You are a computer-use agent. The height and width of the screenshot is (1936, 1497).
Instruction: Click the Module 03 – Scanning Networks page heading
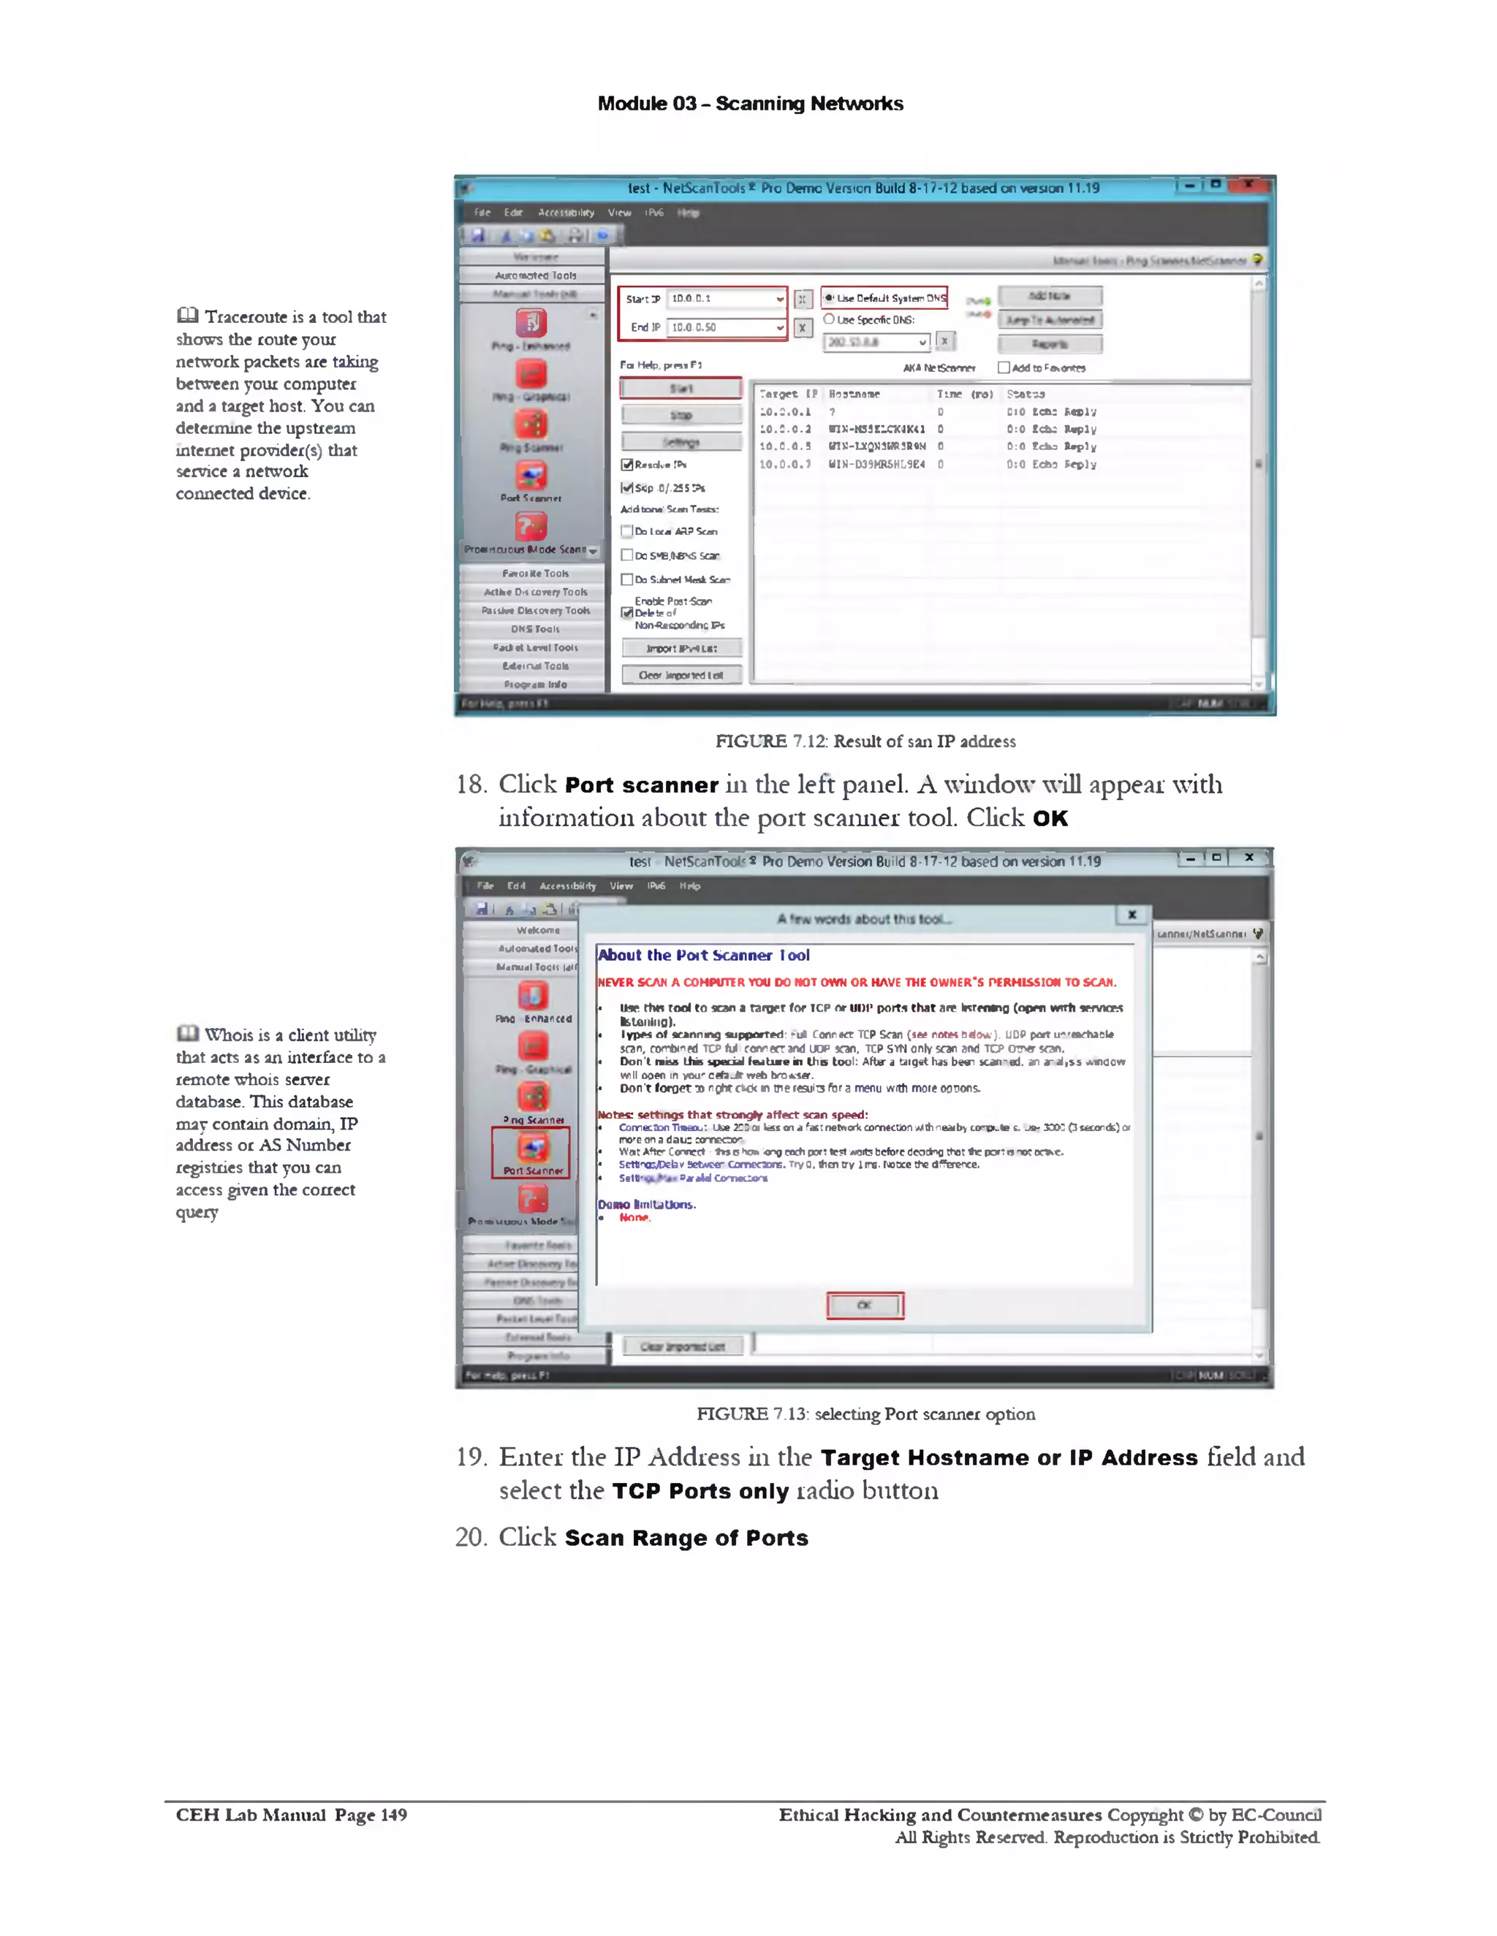click(749, 104)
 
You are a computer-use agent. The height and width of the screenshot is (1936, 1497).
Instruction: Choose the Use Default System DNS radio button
click(829, 299)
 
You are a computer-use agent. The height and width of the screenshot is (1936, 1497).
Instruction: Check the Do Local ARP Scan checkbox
click(627, 531)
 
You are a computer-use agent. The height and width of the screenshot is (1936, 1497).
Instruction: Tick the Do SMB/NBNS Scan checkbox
click(627, 555)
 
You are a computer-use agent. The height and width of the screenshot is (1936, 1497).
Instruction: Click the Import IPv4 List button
click(681, 648)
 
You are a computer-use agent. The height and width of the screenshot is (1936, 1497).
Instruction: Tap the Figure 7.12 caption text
click(865, 741)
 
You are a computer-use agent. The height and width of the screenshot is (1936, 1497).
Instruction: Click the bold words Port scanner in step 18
click(641, 785)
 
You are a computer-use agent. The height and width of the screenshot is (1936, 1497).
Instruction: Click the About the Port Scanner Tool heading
click(703, 955)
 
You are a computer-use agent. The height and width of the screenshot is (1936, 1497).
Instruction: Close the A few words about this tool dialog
click(1132, 914)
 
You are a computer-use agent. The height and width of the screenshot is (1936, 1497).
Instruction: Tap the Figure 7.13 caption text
click(865, 1414)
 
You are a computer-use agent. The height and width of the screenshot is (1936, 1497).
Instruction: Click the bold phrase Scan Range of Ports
click(686, 1538)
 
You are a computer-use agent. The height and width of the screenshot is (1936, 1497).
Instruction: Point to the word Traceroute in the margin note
click(246, 316)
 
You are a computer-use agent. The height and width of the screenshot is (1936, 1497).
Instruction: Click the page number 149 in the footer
click(393, 1815)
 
